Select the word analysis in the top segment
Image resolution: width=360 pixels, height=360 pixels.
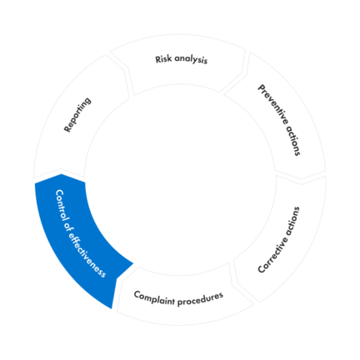(x=191, y=60)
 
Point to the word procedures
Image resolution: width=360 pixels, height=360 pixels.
(x=201, y=295)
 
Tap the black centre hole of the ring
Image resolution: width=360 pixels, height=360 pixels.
(x=180, y=179)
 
